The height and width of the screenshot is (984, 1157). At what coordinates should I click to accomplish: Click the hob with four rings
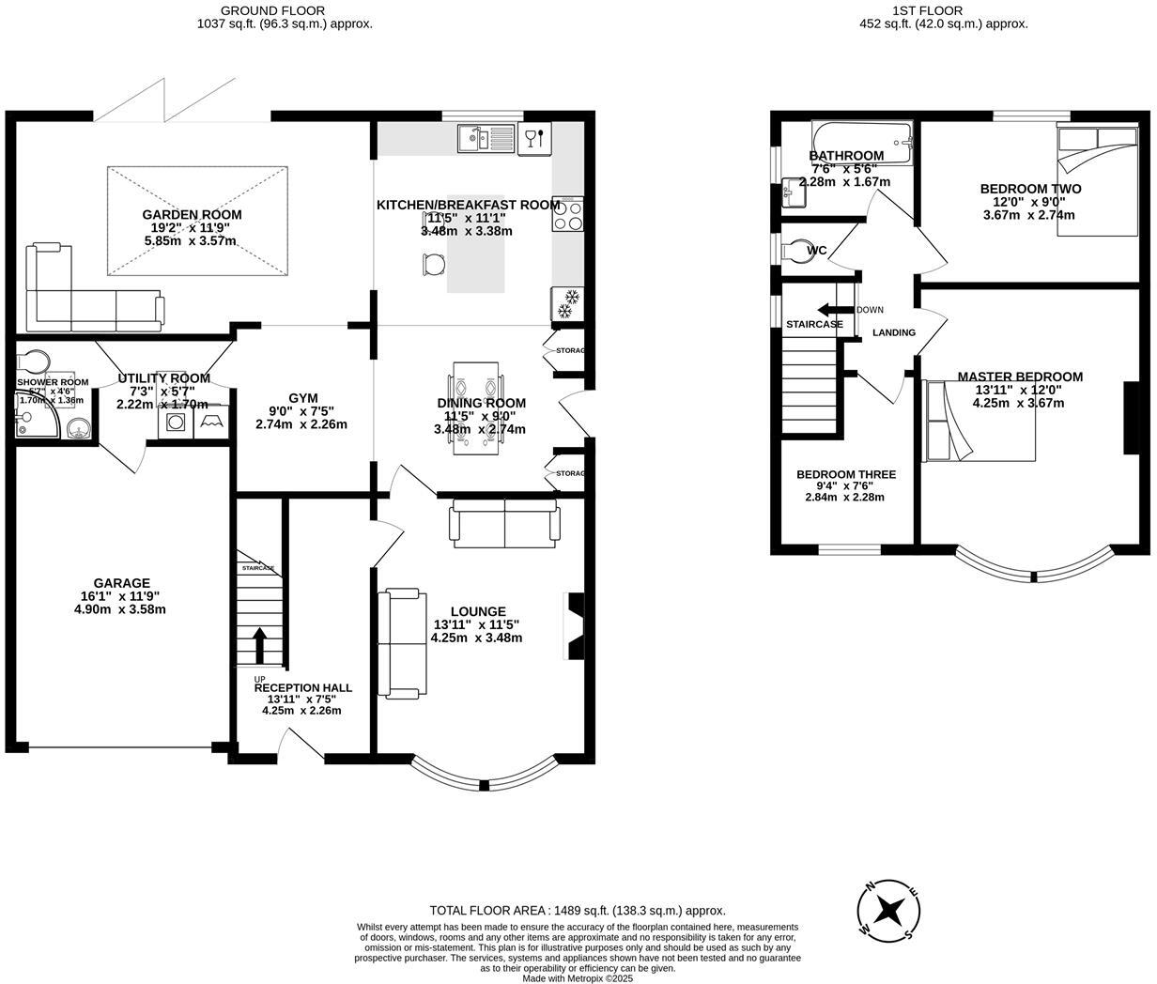(569, 215)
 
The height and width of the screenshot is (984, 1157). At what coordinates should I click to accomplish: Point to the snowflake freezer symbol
(567, 305)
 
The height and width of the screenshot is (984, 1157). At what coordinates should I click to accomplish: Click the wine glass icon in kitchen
(533, 139)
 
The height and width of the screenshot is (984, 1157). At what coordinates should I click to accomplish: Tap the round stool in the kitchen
(431, 266)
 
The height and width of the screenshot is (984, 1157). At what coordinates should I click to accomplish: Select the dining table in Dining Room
(476, 408)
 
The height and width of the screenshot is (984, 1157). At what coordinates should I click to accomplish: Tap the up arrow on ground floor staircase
(259, 645)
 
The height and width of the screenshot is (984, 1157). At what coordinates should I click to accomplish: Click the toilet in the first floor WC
(795, 251)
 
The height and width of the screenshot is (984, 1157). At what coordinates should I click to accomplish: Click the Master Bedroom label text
(1020, 377)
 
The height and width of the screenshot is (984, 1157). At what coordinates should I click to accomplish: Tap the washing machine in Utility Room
(174, 423)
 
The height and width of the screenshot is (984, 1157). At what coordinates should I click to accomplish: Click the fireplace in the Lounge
(574, 626)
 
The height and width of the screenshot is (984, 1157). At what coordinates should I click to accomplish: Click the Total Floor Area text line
(577, 910)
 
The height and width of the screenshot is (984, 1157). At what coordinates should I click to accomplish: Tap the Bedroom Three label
(845, 474)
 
